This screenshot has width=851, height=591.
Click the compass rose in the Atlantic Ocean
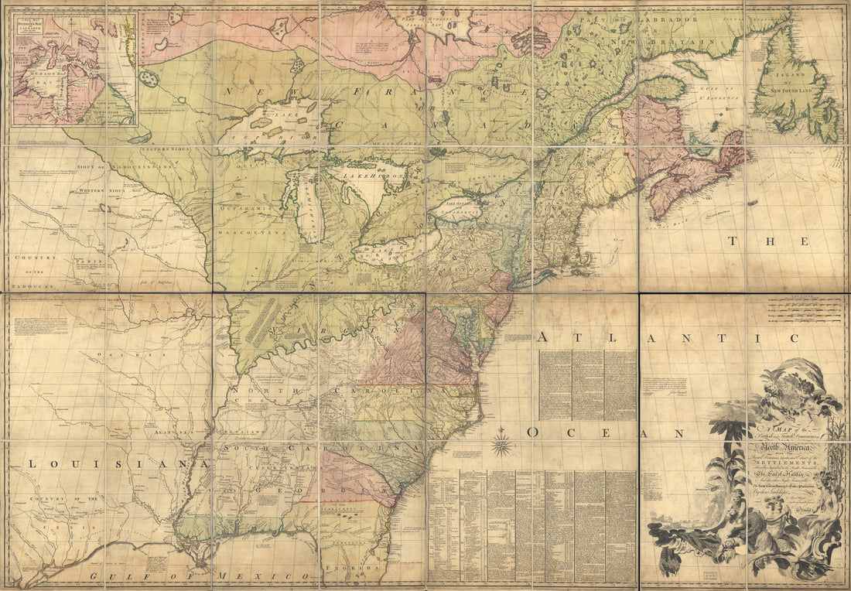(x=504, y=444)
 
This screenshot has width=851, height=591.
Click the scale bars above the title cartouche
(x=805, y=312)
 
